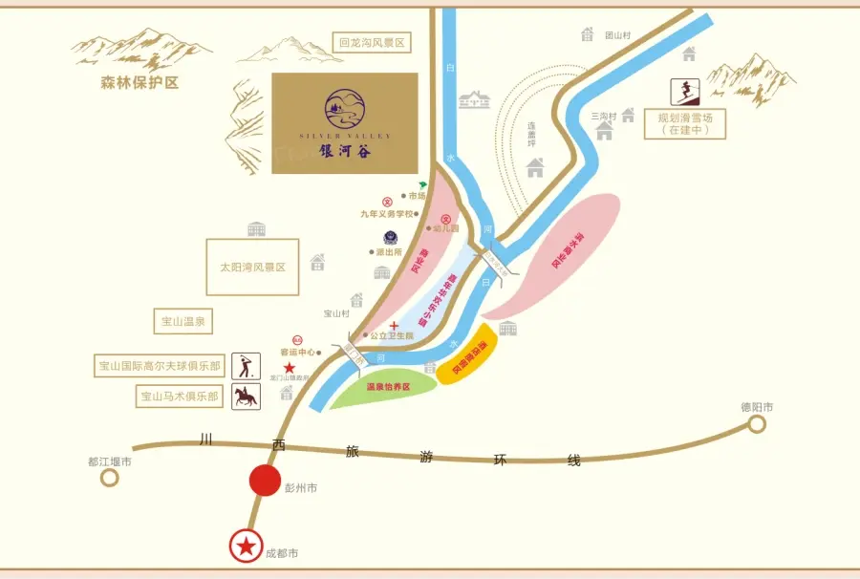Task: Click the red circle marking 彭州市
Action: click(x=265, y=481)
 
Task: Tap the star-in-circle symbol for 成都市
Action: click(x=247, y=546)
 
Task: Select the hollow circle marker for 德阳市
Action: click(x=757, y=423)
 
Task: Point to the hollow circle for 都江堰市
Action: click(x=110, y=478)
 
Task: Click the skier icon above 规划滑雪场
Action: click(x=683, y=92)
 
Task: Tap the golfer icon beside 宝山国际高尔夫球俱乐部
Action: click(x=247, y=366)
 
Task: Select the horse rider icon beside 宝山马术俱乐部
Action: click(x=247, y=397)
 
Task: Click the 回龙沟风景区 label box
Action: click(x=372, y=43)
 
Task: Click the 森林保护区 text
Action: click(x=140, y=83)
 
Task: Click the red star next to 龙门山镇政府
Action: click(x=289, y=366)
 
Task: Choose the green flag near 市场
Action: click(x=422, y=183)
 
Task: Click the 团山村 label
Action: click(x=618, y=35)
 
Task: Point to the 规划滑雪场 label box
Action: click(x=685, y=123)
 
